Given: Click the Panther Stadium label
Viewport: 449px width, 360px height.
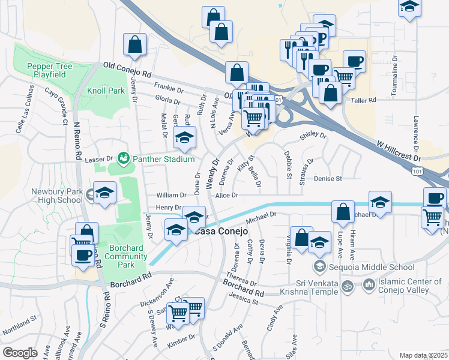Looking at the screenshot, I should (x=163, y=159).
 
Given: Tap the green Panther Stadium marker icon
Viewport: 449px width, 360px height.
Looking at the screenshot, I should (x=124, y=158).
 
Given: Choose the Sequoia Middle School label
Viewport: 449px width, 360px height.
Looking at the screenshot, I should (x=372, y=267).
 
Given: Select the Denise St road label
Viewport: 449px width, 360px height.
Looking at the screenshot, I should (x=327, y=179).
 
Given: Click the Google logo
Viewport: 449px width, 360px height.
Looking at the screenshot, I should (x=20, y=353).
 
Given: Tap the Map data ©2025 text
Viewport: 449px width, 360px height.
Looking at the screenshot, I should (x=423, y=355).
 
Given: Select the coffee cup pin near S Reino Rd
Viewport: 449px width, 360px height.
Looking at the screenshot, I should (x=82, y=254).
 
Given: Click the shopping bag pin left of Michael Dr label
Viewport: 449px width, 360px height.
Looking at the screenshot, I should (x=342, y=212).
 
